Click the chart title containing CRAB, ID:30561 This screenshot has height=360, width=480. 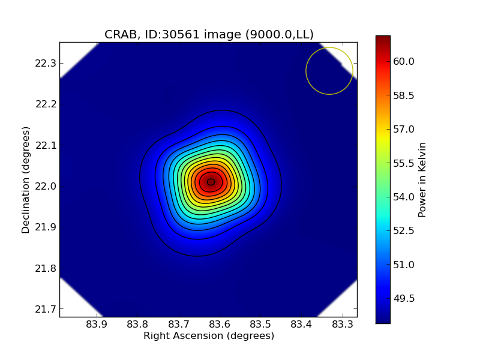tap(209, 35)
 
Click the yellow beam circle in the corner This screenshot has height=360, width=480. tap(329, 71)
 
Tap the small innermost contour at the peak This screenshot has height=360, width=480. tap(211, 182)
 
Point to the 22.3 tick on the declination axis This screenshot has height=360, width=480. tap(46, 63)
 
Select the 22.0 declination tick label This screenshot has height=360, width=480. tap(46, 186)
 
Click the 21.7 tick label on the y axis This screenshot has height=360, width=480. tap(46, 309)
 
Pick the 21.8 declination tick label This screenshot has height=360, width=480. tap(46, 268)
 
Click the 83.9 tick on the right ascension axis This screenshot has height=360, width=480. tap(97, 325)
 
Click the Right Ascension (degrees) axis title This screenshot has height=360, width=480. tap(209, 336)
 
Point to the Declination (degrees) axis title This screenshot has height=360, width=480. tap(26, 179)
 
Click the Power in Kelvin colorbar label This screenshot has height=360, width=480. tap(422, 179)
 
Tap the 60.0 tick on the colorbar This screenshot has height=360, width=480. tap(404, 61)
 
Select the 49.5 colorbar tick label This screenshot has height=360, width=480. tap(404, 298)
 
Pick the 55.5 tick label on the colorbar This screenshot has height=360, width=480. tap(404, 163)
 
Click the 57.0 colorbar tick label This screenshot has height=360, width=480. tap(404, 129)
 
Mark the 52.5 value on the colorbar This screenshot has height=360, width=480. tap(404, 230)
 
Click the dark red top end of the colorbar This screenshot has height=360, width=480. tap(383, 40)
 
